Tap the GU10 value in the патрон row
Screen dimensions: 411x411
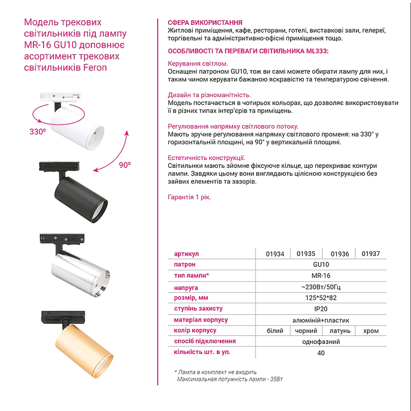[320, 265]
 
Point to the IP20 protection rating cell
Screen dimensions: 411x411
[320, 309]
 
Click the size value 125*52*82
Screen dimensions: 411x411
[320, 298]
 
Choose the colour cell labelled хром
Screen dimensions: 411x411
[371, 331]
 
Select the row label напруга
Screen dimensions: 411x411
[186, 287]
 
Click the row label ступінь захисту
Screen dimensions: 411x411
[199, 309]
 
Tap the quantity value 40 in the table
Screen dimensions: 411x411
[321, 353]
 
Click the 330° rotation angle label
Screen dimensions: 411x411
[38, 131]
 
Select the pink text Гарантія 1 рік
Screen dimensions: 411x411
[189, 197]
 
